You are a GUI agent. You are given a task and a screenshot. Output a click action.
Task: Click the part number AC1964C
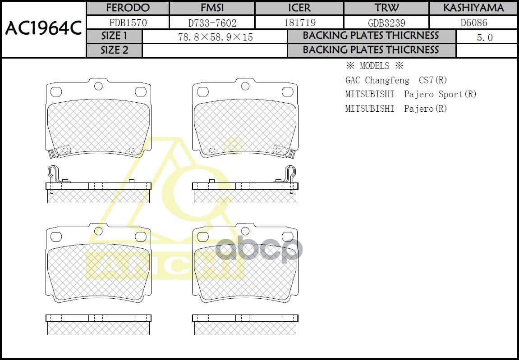click(x=43, y=29)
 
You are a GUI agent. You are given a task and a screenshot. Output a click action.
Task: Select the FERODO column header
click(x=128, y=8)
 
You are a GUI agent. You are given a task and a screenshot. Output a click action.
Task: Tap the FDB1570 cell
click(x=128, y=23)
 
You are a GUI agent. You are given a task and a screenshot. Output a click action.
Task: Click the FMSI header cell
click(x=212, y=8)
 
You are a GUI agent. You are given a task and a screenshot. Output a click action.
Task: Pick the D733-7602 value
click(x=212, y=23)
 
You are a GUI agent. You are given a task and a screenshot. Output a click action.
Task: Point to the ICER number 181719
click(x=300, y=23)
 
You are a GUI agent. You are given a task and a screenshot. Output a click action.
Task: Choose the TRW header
click(x=386, y=8)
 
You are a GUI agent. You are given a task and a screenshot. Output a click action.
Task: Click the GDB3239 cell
click(x=386, y=23)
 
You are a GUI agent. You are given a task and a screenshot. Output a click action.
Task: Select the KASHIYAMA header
click(x=473, y=8)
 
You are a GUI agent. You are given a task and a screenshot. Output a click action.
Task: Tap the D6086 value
click(x=473, y=23)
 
